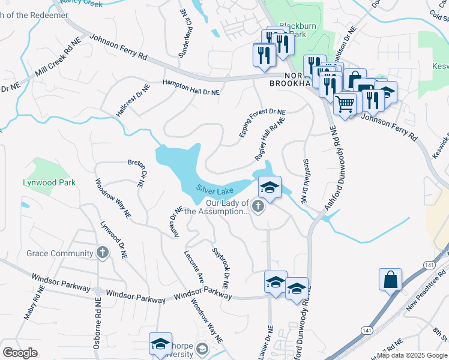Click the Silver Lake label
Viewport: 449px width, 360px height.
[214, 190]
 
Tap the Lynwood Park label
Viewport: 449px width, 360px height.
[49, 182]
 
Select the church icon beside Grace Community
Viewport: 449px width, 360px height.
[103, 253]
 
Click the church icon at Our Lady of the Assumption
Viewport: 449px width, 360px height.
[258, 208]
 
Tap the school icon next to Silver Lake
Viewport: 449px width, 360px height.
[270, 188]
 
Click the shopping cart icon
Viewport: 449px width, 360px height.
[345, 104]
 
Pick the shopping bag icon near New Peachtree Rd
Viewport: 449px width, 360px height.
[390, 280]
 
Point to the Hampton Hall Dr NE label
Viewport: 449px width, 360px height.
[191, 88]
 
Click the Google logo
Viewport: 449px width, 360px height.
[20, 352]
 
